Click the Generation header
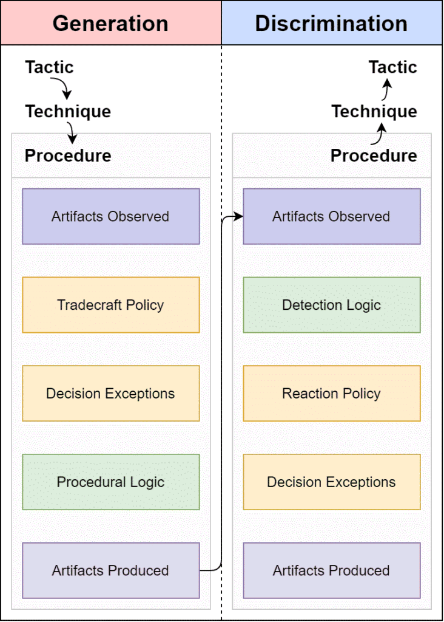click(x=111, y=23)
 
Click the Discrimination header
click(x=332, y=23)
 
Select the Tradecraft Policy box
click(x=111, y=305)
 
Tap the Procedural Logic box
click(x=111, y=482)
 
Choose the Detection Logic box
click(x=332, y=305)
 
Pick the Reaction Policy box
click(x=332, y=393)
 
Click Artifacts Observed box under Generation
click(x=111, y=216)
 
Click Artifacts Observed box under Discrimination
click(x=332, y=216)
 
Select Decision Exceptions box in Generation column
click(x=111, y=393)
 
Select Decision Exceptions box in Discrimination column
click(x=332, y=482)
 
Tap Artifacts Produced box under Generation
click(x=111, y=570)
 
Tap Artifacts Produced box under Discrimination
click(x=332, y=570)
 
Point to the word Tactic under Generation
click(x=50, y=67)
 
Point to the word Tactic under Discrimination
click(x=393, y=67)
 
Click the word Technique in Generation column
click(x=68, y=112)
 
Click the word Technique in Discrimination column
click(x=374, y=112)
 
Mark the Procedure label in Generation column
click(x=68, y=155)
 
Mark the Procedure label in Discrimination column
click(x=374, y=155)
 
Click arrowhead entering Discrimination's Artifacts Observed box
click(x=238, y=216)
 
